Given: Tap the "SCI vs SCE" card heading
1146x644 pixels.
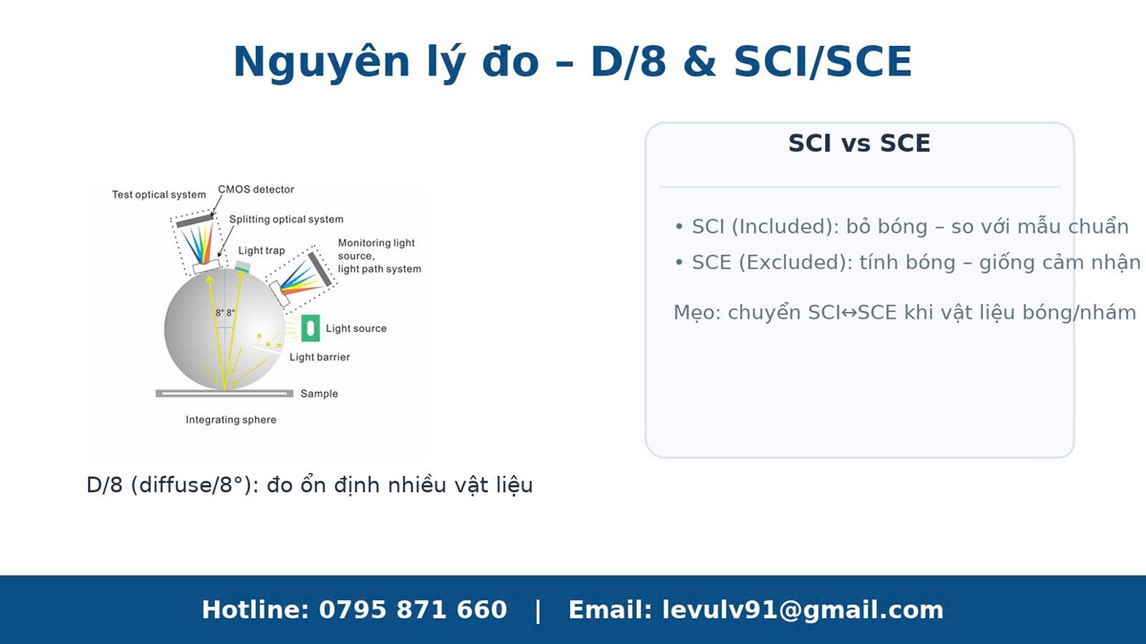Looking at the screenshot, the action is click(859, 143).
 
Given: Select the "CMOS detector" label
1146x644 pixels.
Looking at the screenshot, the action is click(256, 189).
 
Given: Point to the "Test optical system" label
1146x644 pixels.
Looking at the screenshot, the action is click(159, 195).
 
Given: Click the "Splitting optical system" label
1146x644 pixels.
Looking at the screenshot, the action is click(286, 219).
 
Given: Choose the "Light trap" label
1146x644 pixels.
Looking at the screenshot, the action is click(262, 250).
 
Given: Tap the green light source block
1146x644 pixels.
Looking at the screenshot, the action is click(310, 328).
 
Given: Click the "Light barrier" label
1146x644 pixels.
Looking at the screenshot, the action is click(320, 357).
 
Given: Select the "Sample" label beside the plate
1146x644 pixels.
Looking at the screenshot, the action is click(319, 393).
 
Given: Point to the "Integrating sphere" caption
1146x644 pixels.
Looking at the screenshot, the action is click(231, 420).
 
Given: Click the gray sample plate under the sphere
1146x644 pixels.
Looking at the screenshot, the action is click(224, 393).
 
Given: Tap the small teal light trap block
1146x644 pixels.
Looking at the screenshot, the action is click(243, 266).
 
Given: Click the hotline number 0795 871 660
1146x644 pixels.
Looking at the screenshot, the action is click(413, 610).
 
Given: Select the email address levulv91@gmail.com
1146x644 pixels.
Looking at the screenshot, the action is click(803, 611).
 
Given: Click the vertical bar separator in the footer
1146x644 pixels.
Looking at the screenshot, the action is click(538, 611).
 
